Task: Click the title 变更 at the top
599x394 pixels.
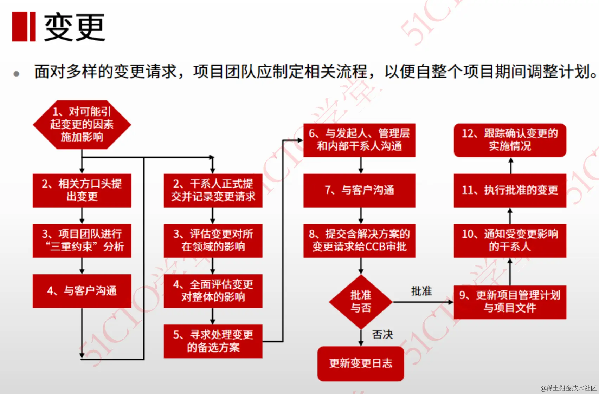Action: [74, 27]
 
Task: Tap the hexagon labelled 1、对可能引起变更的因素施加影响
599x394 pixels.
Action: [82, 125]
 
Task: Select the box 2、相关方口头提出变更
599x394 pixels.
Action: [82, 190]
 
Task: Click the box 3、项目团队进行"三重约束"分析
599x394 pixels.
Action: [82, 241]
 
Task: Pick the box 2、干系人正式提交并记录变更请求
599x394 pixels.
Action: [213, 190]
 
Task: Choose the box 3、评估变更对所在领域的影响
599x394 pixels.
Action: [213, 241]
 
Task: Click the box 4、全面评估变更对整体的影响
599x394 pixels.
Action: [213, 291]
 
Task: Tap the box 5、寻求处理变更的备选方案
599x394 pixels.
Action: [213, 341]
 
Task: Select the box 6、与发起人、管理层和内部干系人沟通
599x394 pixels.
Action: [359, 140]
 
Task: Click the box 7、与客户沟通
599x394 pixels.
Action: [359, 190]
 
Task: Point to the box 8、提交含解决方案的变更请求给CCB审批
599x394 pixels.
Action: [359, 241]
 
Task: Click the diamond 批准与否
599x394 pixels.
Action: [361, 302]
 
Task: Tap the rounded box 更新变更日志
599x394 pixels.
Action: [361, 363]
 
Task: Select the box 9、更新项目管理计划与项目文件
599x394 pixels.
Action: [510, 302]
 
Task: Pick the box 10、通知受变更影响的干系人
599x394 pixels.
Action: [510, 241]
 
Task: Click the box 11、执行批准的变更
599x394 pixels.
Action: [510, 190]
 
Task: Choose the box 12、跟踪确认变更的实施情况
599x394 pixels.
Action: [510, 140]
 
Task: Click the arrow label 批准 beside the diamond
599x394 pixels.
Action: [421, 291]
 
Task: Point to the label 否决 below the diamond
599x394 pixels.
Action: [382, 334]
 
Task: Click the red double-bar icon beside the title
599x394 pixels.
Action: [24, 27]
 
